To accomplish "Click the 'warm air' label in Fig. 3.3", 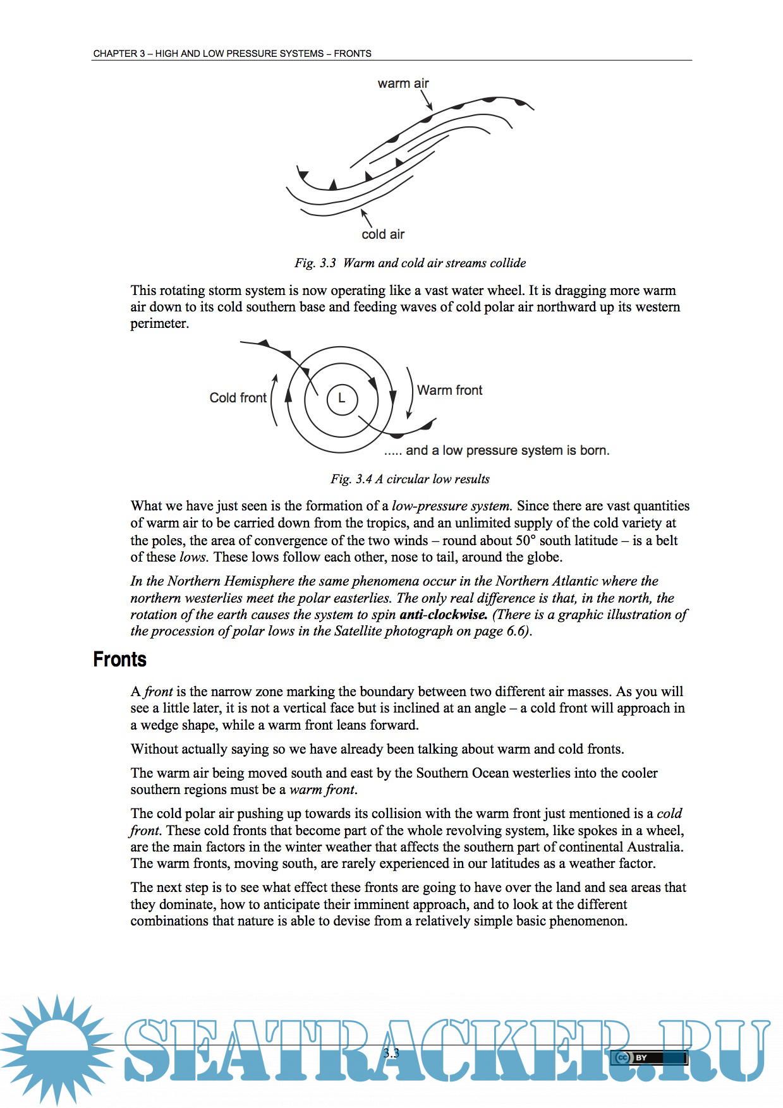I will pos(403,83).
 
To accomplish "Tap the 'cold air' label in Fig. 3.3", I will pos(383,234).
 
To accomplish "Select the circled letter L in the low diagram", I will pos(342,399).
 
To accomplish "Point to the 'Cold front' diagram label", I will pos(238,398).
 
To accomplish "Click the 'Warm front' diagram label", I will pos(449,390).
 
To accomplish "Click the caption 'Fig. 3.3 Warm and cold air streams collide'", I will pos(410,263).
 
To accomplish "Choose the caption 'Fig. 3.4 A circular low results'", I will pos(410,479).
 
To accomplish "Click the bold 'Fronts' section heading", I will pos(119,659).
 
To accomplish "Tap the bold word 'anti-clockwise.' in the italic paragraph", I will pos(443,615).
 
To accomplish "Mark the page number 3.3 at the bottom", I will pos(391,1052).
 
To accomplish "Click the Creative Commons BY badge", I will pos(648,1057).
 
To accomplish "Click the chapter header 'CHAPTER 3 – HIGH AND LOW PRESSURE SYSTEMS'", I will pos(232,54).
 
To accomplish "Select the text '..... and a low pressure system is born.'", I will pos(497,450).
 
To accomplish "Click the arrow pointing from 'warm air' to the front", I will pos(427,100).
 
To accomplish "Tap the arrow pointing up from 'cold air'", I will pos(366,218).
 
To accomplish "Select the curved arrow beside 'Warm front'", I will pos(410,393).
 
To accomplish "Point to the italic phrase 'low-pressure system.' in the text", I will pos(451,506).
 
